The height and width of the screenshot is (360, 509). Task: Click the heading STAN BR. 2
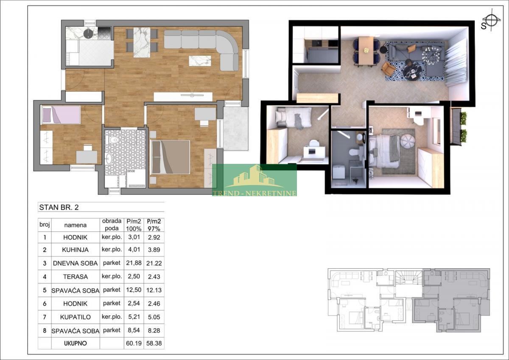(x=59, y=207)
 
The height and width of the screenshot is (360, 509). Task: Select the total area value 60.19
(x=134, y=343)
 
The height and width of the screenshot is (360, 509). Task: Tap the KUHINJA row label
(x=75, y=250)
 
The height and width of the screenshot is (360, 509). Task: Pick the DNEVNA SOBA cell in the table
(x=75, y=263)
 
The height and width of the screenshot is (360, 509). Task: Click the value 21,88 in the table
(x=134, y=263)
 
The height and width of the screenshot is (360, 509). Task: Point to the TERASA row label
(x=75, y=276)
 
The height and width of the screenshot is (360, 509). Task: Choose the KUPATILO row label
(x=75, y=317)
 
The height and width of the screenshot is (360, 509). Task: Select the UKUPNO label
(x=75, y=343)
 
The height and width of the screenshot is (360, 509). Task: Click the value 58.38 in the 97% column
(x=154, y=343)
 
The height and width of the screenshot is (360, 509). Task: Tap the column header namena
(x=75, y=225)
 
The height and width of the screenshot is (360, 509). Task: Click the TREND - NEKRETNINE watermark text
(x=254, y=193)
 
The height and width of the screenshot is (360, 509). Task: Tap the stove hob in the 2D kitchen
(x=104, y=34)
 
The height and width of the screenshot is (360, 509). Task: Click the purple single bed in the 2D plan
(x=60, y=115)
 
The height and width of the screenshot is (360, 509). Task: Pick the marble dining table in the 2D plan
(x=142, y=42)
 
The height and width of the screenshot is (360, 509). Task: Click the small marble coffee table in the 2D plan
(x=200, y=61)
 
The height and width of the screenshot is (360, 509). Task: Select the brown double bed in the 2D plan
(x=170, y=157)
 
